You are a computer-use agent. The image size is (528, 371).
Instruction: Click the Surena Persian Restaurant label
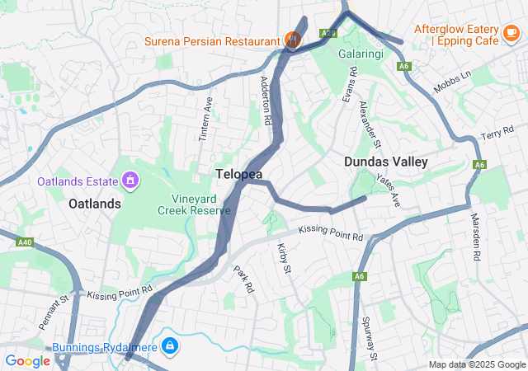(212, 41)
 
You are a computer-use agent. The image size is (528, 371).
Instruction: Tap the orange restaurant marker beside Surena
(291, 38)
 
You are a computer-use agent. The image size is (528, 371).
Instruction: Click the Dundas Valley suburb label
(386, 162)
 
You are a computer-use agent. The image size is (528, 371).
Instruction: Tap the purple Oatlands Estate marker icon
(130, 179)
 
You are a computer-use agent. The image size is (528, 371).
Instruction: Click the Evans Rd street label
(351, 84)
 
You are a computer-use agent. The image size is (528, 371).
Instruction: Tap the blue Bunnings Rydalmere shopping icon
(169, 345)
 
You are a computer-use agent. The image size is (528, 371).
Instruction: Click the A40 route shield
(25, 242)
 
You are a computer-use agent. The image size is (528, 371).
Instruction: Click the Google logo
(27, 360)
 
